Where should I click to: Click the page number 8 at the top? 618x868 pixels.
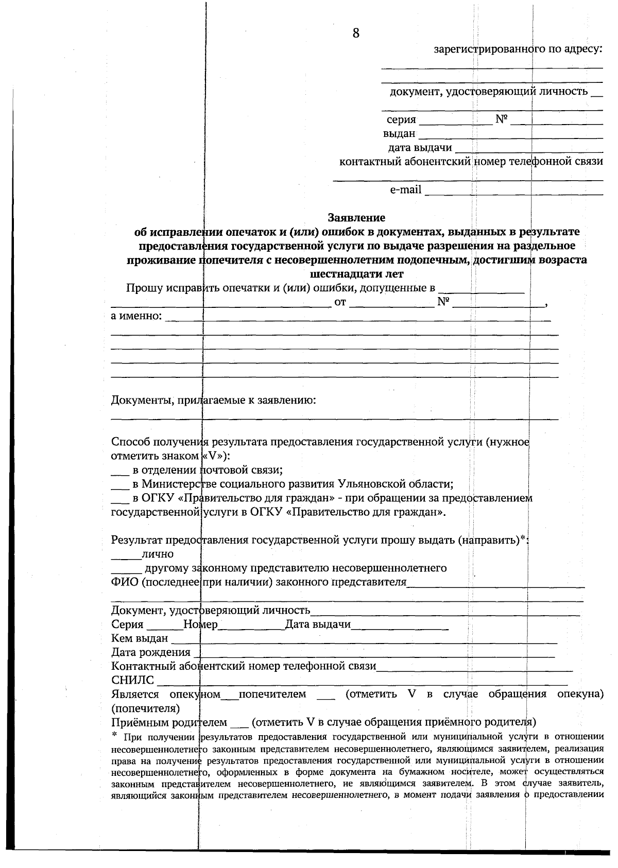pos(355,33)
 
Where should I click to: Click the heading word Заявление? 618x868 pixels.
pos(356,217)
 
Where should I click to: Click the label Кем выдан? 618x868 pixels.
pos(140,639)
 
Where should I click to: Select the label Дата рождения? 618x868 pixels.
pos(150,653)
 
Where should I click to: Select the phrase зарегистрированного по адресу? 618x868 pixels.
pos(518,50)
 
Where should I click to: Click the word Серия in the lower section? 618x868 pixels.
pos(127,625)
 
